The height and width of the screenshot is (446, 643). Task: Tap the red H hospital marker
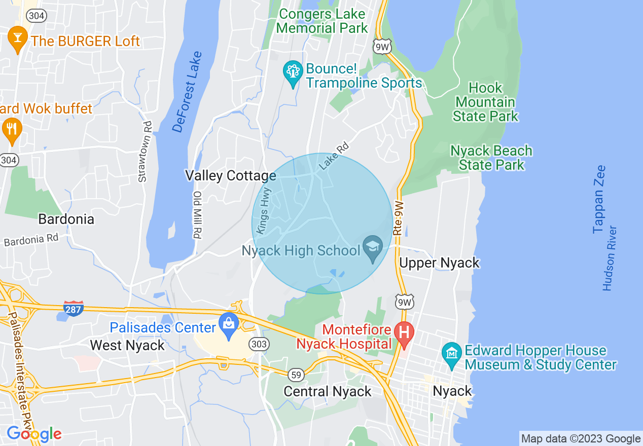[x=404, y=333]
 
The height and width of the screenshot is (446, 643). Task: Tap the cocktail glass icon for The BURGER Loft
[x=18, y=38]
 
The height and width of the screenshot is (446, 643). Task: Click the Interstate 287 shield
[x=74, y=308]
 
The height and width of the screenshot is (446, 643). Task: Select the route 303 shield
[x=259, y=344]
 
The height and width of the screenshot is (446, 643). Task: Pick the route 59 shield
[x=296, y=375]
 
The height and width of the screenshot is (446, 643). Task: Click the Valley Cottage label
[x=230, y=176]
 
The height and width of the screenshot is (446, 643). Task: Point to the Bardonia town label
[x=66, y=219]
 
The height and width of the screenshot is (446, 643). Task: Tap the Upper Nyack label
[x=439, y=263]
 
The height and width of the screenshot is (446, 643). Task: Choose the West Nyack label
[x=127, y=346]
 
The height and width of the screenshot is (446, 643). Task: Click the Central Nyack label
[x=328, y=391]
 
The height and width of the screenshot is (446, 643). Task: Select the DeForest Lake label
[x=187, y=92]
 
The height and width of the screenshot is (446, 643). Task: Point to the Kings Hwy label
[x=264, y=211]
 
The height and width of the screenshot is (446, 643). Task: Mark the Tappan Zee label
[x=599, y=199]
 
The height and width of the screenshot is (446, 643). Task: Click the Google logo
[x=34, y=434]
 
